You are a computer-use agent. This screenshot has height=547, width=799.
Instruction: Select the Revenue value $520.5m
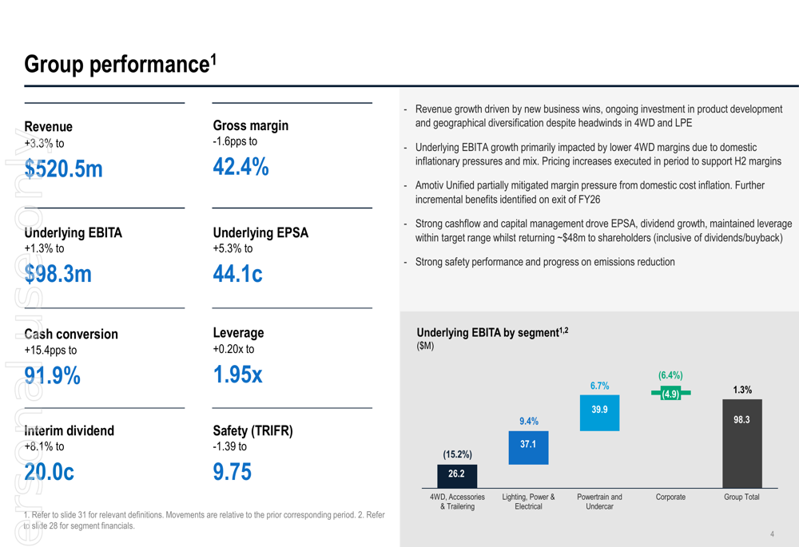click(64, 168)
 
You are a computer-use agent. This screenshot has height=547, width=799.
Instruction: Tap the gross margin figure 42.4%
click(240, 167)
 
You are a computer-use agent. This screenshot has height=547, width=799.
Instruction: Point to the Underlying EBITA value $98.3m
click(58, 274)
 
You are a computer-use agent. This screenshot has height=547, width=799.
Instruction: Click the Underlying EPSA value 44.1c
click(237, 274)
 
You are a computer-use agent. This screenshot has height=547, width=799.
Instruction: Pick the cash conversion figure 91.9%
click(53, 375)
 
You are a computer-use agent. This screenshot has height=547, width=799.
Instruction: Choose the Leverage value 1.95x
click(237, 375)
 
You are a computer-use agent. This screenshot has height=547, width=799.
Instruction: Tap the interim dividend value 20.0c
click(50, 472)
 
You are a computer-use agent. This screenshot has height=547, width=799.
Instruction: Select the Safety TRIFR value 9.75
click(232, 472)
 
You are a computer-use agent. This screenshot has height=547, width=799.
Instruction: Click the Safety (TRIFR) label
click(252, 430)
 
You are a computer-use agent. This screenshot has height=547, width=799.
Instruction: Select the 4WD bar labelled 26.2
click(456, 475)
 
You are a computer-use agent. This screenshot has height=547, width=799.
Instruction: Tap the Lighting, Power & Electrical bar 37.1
click(528, 447)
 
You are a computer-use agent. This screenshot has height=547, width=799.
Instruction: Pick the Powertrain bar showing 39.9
click(599, 413)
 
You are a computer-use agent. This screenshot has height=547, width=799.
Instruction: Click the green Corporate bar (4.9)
click(670, 393)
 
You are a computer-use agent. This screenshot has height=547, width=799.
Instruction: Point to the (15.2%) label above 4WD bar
click(457, 454)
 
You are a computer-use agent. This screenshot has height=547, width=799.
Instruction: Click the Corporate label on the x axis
click(670, 497)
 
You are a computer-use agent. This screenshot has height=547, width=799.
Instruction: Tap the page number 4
click(772, 534)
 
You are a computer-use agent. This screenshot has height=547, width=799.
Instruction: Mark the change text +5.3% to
click(233, 248)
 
